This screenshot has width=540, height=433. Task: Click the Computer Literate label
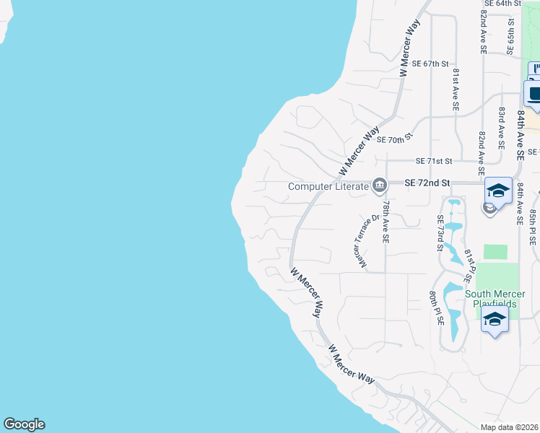(328, 186)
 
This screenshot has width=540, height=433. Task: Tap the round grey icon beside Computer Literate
(379, 186)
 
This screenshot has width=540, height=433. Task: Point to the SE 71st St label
(435, 161)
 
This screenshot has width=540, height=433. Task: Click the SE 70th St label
(395, 137)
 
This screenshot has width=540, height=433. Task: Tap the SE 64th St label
(502, 4)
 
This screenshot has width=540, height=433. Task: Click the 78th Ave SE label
(386, 222)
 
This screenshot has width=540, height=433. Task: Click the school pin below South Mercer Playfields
(495, 320)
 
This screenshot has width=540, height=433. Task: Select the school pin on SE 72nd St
(498, 191)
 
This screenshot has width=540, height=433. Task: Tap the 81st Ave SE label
(456, 89)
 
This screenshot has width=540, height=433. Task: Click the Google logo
(24, 424)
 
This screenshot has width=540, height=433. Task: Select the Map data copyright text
(510, 427)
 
